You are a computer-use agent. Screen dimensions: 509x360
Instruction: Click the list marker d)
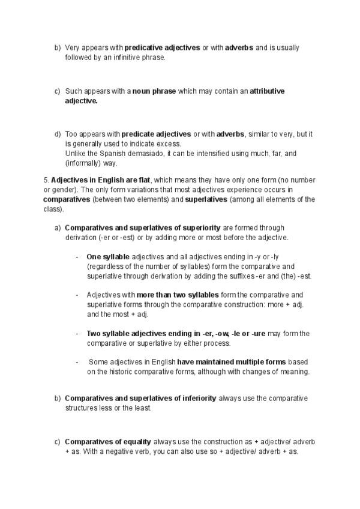58,134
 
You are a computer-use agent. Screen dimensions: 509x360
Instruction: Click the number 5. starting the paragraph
46,180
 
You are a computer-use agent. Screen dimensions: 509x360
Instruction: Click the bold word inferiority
198,399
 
